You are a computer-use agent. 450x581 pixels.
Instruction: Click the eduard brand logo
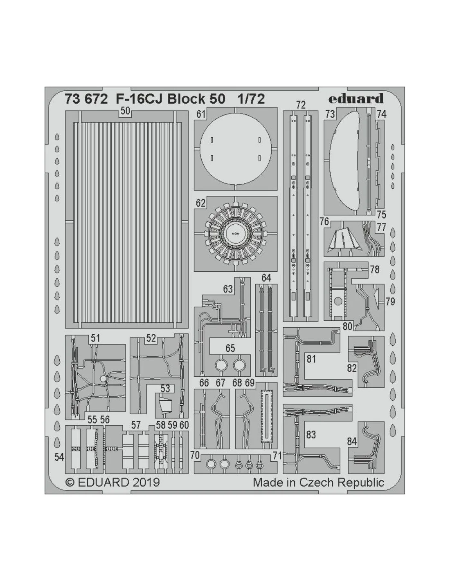[356, 98]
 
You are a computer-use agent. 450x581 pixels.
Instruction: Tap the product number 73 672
[86, 99]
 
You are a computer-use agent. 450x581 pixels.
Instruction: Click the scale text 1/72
[251, 99]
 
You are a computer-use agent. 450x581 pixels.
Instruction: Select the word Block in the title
[183, 99]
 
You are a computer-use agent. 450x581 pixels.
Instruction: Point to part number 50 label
[125, 111]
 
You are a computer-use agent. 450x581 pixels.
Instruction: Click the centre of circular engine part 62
[235, 233]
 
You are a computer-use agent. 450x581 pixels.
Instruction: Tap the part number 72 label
[301, 105]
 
